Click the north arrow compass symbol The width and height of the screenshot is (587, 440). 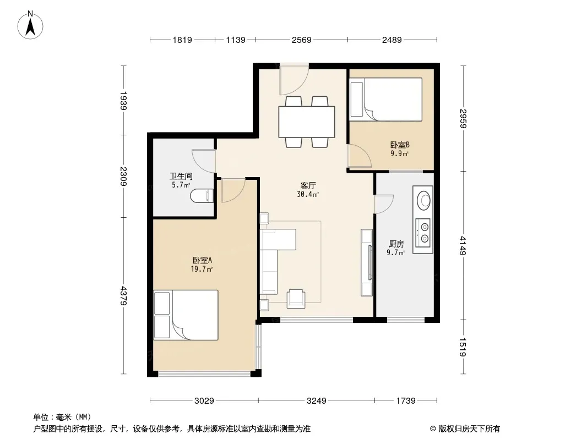(x=30, y=25)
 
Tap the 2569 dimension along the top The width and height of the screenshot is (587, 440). (x=301, y=40)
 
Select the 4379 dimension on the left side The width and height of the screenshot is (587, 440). (x=123, y=296)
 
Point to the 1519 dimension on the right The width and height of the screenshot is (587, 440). (x=463, y=347)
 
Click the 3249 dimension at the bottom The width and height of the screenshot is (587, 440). (x=316, y=401)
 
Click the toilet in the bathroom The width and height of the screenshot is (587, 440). (x=202, y=196)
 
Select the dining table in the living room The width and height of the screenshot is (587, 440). (x=307, y=122)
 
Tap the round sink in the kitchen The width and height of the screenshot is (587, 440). (x=424, y=200)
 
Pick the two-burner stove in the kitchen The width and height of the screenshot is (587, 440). (x=423, y=233)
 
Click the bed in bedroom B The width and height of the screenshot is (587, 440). (x=385, y=99)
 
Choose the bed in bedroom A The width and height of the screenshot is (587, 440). (x=186, y=315)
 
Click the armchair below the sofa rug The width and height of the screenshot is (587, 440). (x=296, y=299)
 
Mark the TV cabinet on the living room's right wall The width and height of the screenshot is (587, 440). (x=367, y=262)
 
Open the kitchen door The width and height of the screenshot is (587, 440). (x=384, y=204)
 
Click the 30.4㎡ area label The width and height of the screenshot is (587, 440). (x=308, y=194)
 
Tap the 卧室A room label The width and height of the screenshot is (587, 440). (x=202, y=260)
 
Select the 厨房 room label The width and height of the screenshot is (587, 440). (x=396, y=244)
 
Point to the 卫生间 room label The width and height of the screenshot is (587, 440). (x=181, y=176)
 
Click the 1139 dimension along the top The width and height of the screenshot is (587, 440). (x=236, y=40)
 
